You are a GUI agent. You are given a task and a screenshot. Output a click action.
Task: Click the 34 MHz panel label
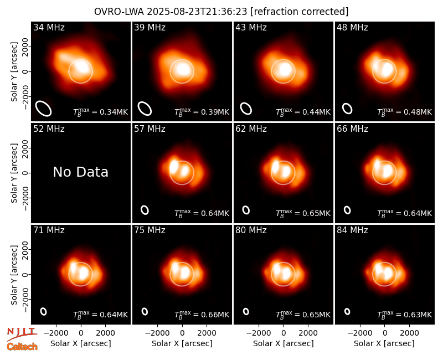pyautogui.click(x=49, y=27)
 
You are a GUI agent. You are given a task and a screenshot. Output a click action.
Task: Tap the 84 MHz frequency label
pyautogui.click(x=352, y=230)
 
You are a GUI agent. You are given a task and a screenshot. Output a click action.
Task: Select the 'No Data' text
pyautogui.click(x=80, y=172)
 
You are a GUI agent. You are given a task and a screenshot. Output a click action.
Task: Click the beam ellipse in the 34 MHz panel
pyautogui.click(x=43, y=108)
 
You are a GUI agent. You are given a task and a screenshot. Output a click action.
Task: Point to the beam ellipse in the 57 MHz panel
pyautogui.click(x=145, y=210)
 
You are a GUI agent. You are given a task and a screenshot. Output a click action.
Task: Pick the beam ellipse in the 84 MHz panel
pyautogui.click(x=347, y=311)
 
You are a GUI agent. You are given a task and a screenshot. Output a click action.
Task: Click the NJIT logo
pyautogui.click(x=22, y=333)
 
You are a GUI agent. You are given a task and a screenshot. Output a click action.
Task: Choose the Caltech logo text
pyautogui.click(x=22, y=347)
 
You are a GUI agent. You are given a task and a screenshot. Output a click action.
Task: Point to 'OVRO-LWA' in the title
pyautogui.click(x=119, y=12)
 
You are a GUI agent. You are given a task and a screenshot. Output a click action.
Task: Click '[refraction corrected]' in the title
pyautogui.click(x=300, y=12)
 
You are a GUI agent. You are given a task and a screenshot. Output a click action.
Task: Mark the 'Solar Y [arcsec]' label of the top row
pyautogui.click(x=14, y=72)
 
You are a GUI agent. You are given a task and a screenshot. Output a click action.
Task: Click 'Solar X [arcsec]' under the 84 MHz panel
pyautogui.click(x=384, y=343)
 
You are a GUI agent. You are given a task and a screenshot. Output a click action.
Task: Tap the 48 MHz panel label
pyautogui.click(x=352, y=27)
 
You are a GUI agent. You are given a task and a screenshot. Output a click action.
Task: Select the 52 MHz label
pyautogui.click(x=49, y=129)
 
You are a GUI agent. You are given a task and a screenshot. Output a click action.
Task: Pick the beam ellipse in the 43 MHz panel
pyautogui.click(x=246, y=109)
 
